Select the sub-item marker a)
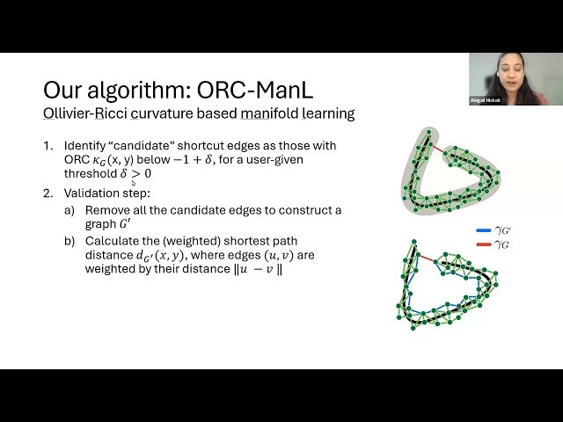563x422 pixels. click(x=69, y=210)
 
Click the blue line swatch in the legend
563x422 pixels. click(x=484, y=231)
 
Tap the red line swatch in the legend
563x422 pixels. click(x=484, y=244)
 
